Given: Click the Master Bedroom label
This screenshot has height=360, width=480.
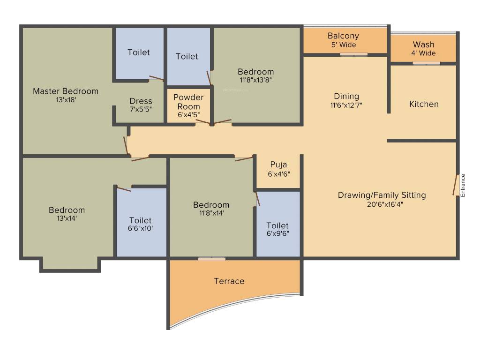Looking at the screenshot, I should point(66,91).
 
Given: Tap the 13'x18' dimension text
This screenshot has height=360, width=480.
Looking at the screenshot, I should point(66,100).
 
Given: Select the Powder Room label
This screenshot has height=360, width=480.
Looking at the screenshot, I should point(188,102).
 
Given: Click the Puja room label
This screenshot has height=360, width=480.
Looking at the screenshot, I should point(278,165).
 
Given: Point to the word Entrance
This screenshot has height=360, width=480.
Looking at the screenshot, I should point(463,185).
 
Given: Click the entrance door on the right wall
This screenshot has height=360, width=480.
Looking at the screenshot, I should point(455,186).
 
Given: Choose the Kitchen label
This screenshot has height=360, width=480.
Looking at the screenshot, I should point(424,104).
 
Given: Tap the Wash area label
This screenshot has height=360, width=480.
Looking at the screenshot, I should point(423,45).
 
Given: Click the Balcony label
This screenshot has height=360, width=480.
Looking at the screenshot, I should point(343,36).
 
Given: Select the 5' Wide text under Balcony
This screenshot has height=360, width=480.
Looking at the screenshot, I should point(343,45).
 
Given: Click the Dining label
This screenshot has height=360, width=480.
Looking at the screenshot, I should point(346,97).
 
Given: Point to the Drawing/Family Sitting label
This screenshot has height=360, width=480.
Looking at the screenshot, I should point(382,195).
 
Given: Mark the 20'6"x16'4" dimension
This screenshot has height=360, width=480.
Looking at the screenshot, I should point(382,204).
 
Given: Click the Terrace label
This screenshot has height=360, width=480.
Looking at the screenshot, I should point(229,281).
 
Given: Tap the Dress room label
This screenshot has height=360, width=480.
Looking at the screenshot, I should point(141,101).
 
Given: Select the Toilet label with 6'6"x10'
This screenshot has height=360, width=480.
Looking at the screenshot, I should point(141,220).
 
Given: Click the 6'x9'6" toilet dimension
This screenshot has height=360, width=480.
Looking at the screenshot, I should point(278,234).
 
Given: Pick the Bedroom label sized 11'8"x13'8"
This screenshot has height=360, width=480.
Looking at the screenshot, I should point(255,72).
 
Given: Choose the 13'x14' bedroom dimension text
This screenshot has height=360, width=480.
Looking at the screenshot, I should point(67,218).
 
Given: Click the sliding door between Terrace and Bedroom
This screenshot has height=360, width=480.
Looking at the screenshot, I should point(211,258).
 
